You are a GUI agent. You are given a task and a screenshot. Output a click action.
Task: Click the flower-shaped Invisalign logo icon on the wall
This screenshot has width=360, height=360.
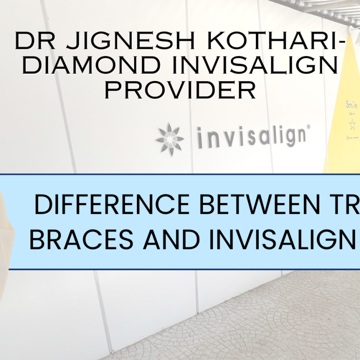[170, 139]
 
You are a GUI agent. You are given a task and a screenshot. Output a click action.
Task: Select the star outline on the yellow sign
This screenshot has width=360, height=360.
[352, 124]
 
